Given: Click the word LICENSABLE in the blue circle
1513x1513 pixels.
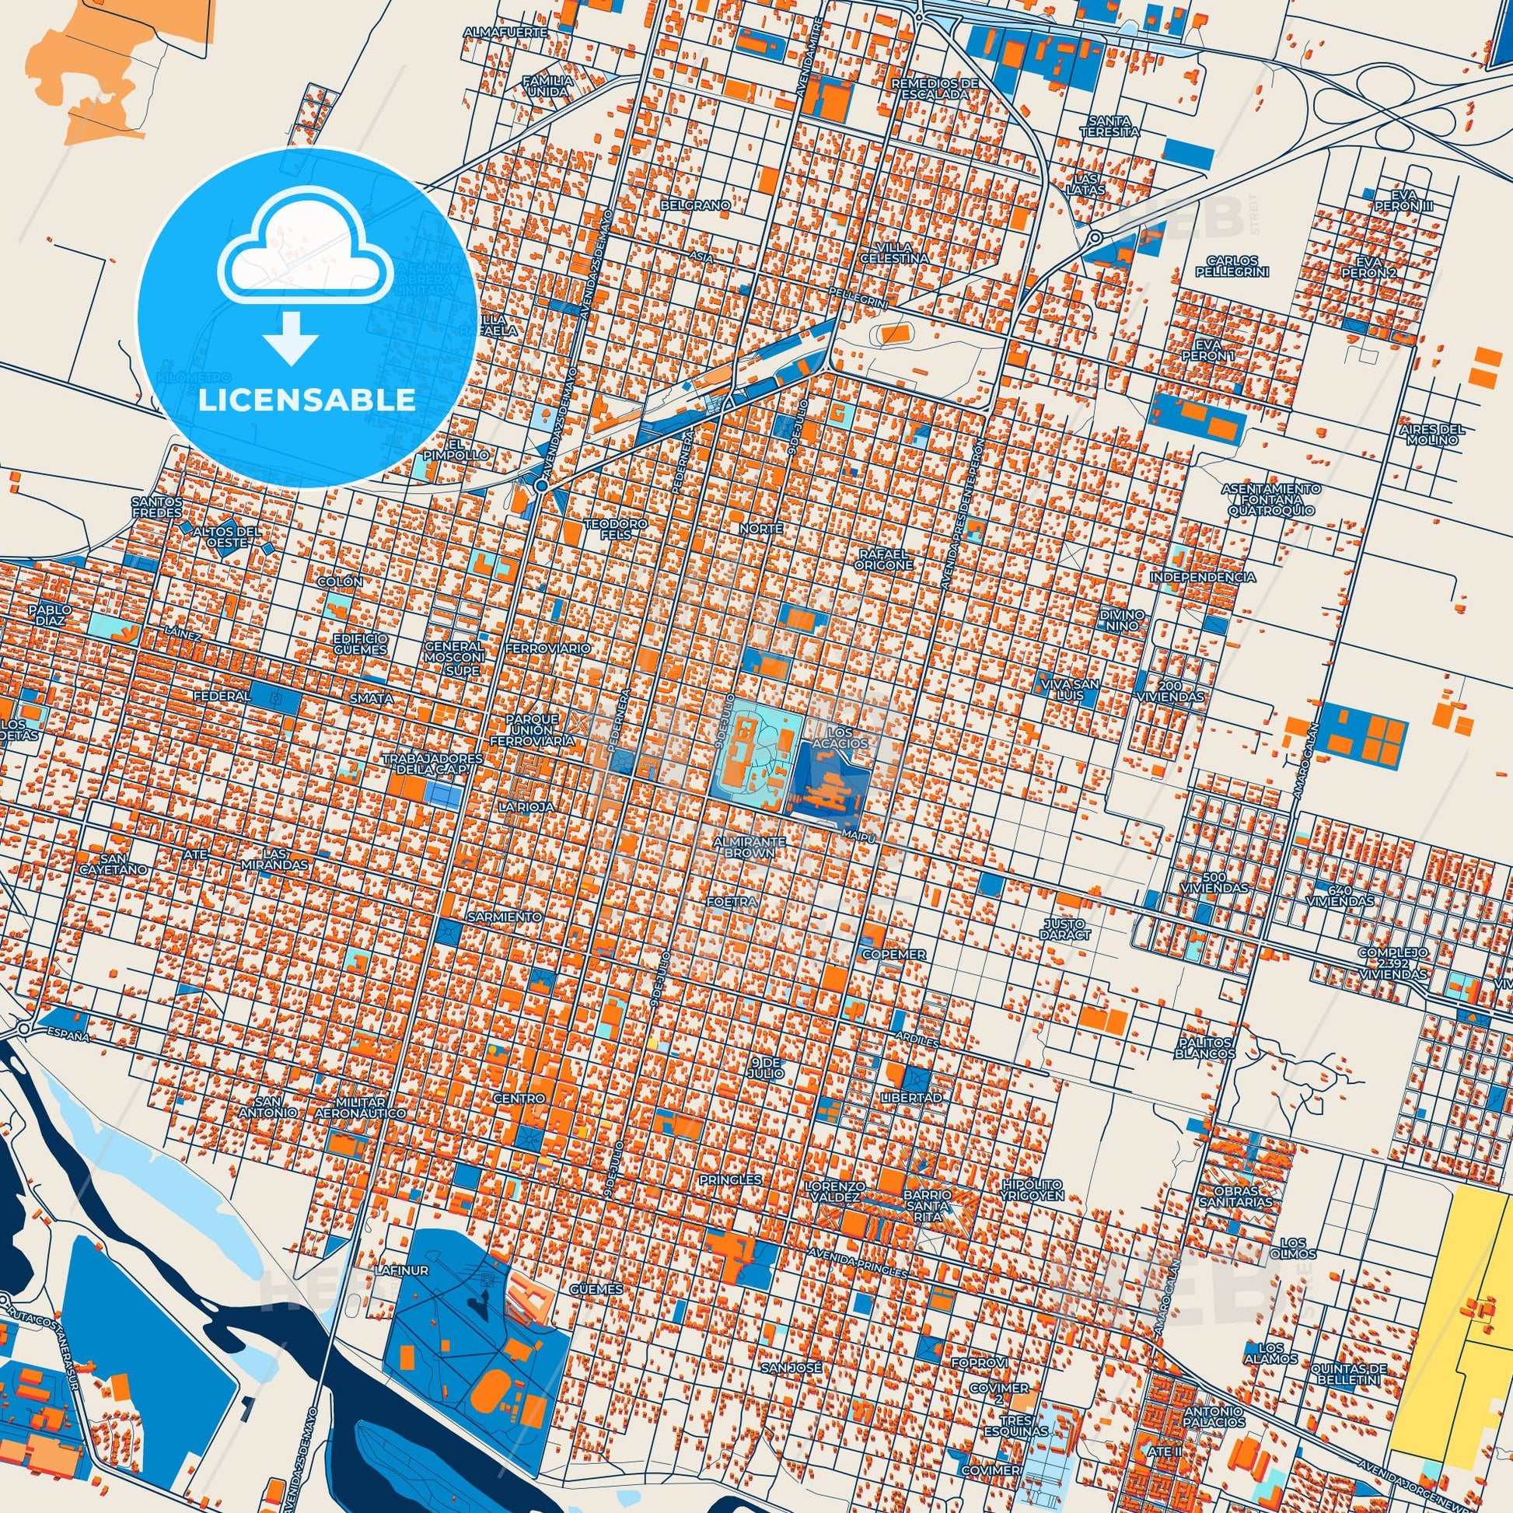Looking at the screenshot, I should click(306, 400).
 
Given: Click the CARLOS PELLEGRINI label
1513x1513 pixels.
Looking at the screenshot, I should click(1232, 265).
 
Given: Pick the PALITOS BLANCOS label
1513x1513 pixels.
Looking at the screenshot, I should click(1204, 1048).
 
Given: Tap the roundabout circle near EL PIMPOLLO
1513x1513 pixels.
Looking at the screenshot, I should click(541, 487).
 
